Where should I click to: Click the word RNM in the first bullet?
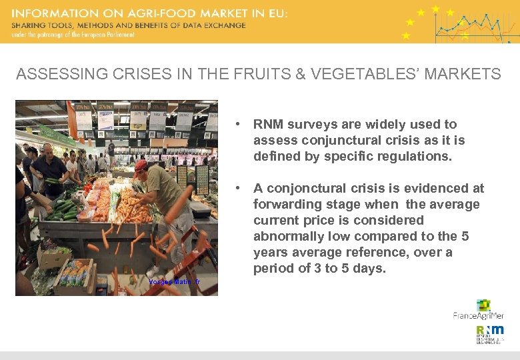[x=268, y=125]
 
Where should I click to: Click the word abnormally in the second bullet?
[x=283, y=237]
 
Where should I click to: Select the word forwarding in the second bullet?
[x=285, y=205]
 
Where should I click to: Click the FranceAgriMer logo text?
[x=478, y=315]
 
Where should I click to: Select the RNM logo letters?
[x=490, y=330]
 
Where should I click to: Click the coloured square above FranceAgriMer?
[x=483, y=305]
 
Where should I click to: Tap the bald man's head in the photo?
[x=48, y=149]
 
